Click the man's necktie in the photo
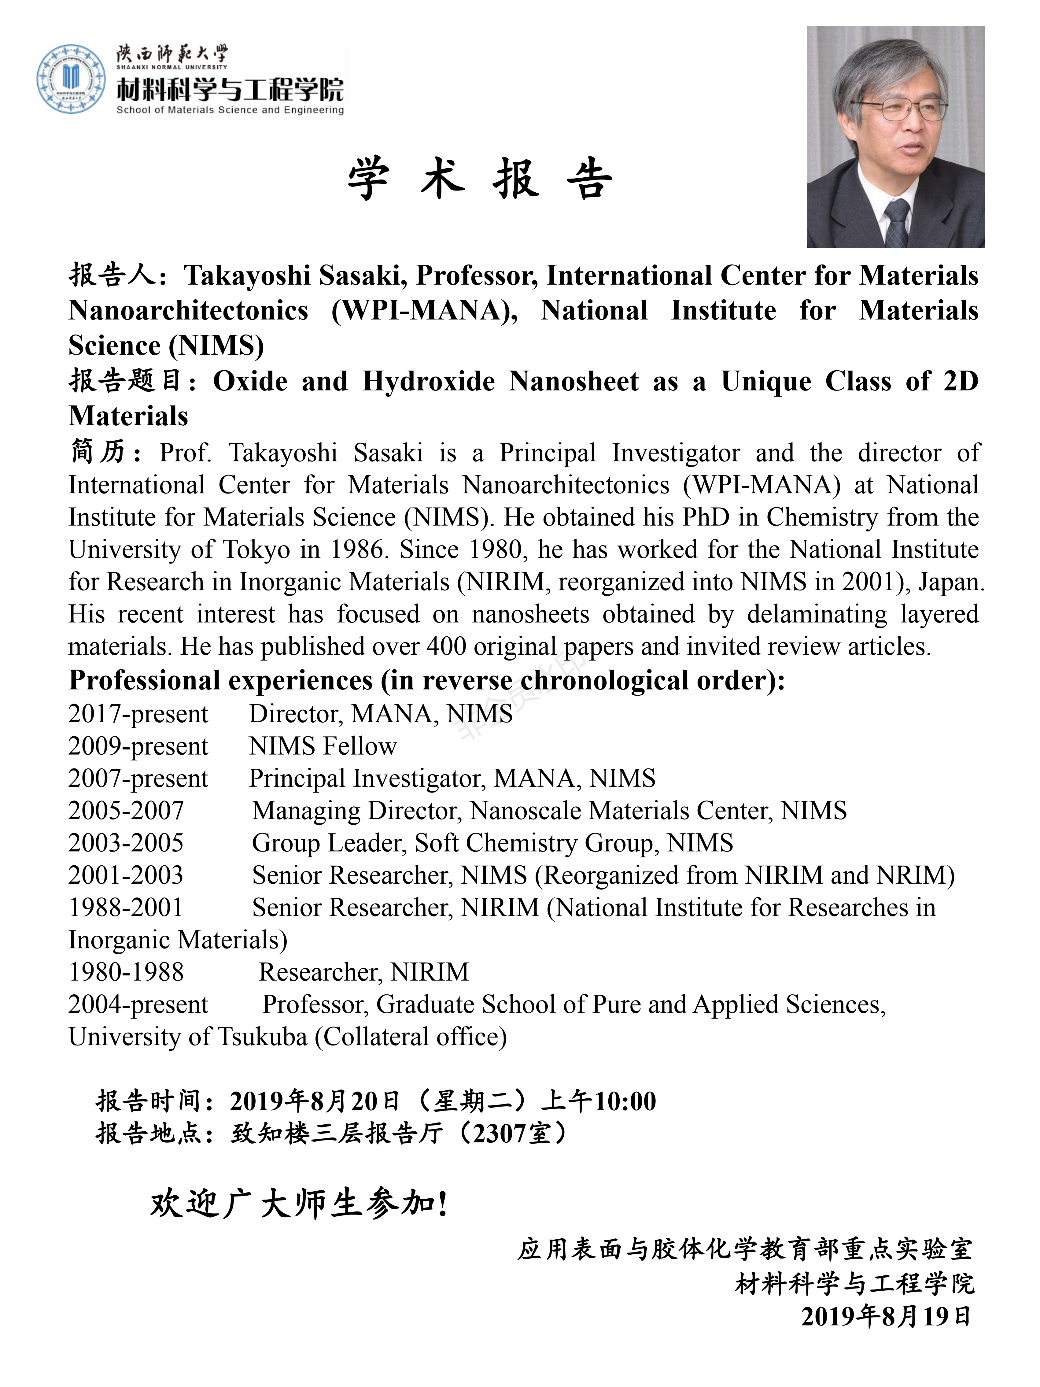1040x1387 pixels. tap(896, 223)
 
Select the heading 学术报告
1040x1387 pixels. tap(480, 179)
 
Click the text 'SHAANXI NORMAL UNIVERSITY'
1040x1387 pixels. tap(172, 67)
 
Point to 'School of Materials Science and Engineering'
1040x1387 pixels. tap(230, 110)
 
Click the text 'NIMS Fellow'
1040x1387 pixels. tap(323, 746)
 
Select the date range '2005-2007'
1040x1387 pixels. tap(126, 811)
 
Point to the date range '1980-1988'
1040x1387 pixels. tap(126, 973)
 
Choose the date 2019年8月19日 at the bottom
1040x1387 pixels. tap(886, 1316)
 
